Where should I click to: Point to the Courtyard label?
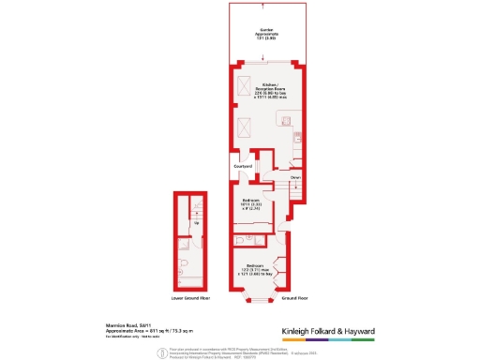point(243,167)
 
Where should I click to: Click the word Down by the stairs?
point(294,176)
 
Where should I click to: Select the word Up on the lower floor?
point(195,223)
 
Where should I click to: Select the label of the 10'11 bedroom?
point(248,204)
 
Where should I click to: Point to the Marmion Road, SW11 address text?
point(124,325)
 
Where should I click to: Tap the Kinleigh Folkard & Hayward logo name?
point(328,331)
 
